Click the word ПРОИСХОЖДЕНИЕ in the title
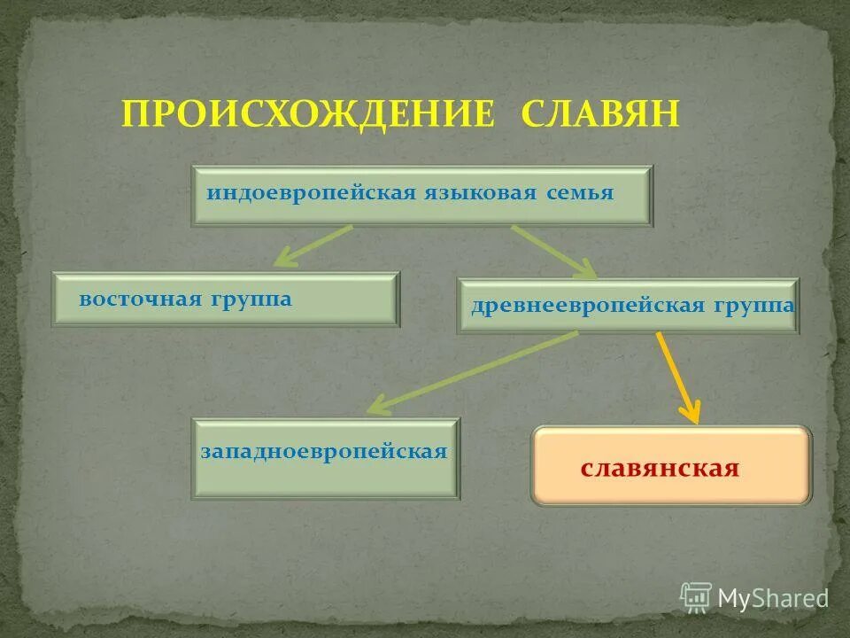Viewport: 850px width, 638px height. point(306,114)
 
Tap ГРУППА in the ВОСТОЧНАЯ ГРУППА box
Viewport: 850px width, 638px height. point(251,300)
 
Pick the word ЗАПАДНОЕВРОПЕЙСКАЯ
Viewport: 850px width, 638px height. point(324,452)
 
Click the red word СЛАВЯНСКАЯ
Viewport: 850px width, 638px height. point(660,469)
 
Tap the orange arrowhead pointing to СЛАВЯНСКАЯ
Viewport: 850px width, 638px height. point(691,412)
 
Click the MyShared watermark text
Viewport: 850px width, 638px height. point(772,598)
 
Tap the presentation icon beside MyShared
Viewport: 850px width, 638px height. point(696,597)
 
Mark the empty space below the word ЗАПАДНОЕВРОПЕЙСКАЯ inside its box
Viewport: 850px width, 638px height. point(326,478)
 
